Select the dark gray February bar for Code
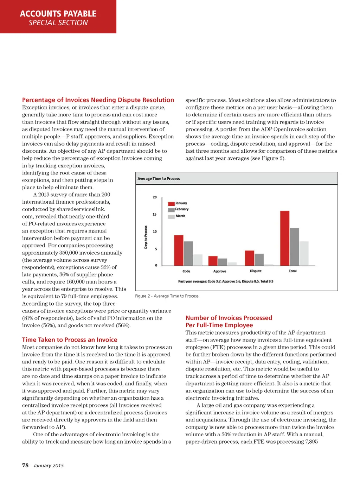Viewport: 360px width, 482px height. (188, 253)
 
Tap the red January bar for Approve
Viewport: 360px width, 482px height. (213, 261)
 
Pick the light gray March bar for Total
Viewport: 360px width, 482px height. (304, 253)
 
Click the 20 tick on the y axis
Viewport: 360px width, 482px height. (155, 197)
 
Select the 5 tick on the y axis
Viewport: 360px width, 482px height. (156, 249)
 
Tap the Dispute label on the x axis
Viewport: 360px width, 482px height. (256, 271)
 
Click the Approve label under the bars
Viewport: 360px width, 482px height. (220, 271)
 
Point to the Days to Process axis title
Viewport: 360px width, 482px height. (146, 237)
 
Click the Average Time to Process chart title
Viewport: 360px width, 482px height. (159, 179)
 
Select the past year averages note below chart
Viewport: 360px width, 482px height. (226, 281)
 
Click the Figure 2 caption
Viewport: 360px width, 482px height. (167, 296)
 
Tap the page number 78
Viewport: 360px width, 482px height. (25, 465)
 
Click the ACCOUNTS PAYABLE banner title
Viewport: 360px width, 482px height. (58, 14)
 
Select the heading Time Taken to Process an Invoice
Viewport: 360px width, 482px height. (70, 340)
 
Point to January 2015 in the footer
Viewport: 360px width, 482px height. (49, 466)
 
